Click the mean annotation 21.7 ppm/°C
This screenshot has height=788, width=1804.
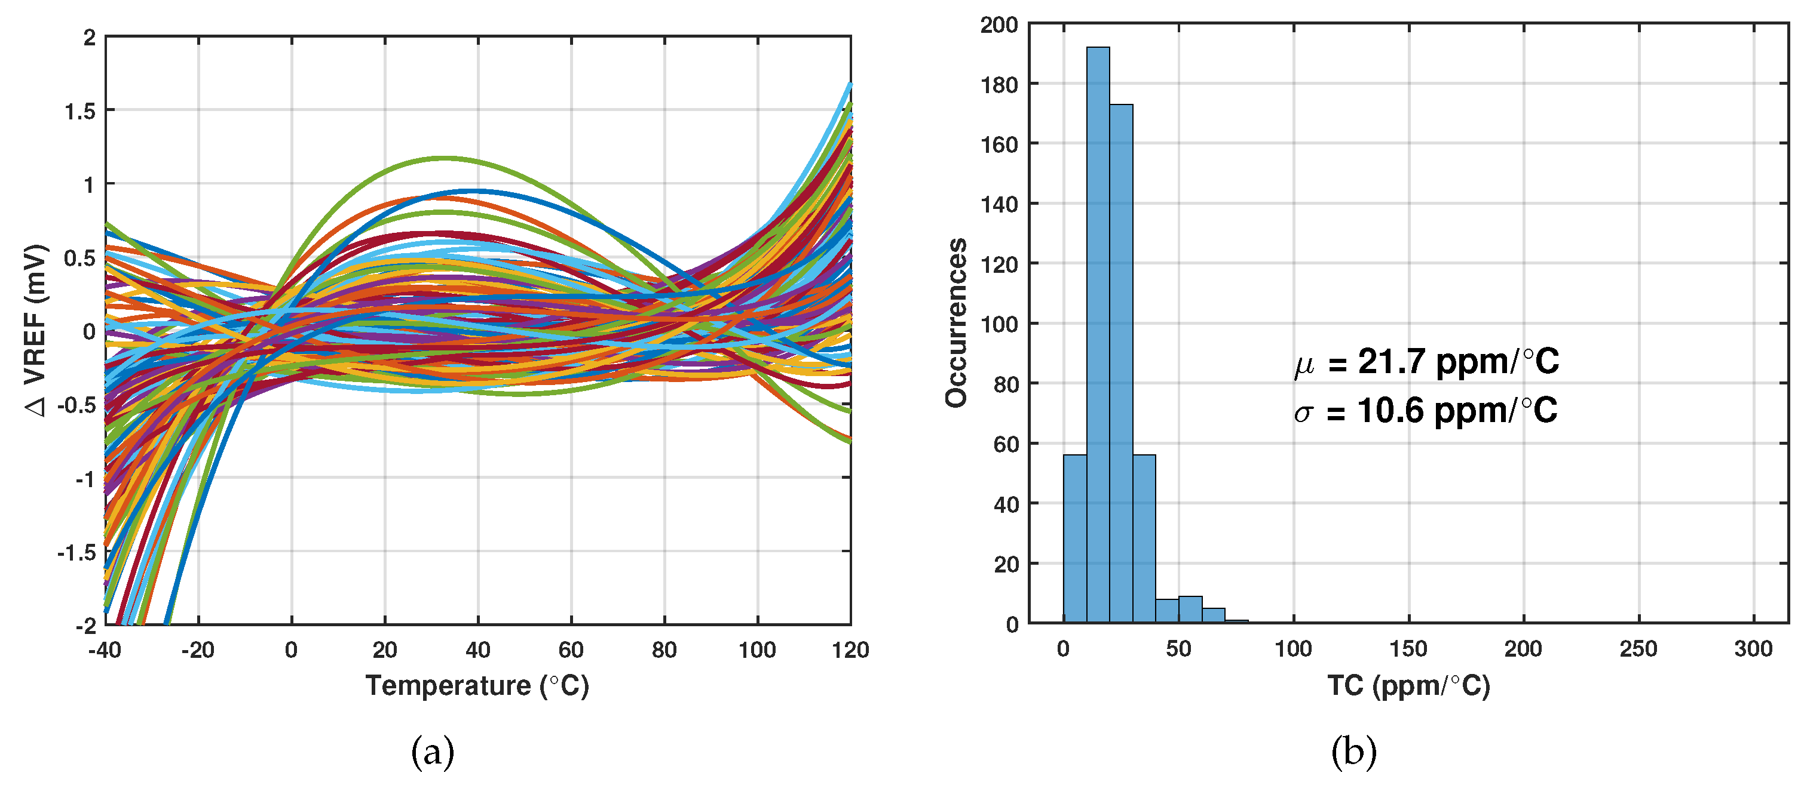(x=1426, y=362)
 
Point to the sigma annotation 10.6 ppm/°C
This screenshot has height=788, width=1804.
(x=1426, y=411)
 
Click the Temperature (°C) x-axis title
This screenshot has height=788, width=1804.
(x=477, y=685)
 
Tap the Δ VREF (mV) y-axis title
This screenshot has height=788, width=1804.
(x=35, y=330)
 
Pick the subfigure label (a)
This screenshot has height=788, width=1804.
(x=432, y=752)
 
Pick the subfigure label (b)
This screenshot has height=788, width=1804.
(x=1353, y=752)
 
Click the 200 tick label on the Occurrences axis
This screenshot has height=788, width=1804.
(x=999, y=24)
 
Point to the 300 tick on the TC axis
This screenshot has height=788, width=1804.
(x=1753, y=649)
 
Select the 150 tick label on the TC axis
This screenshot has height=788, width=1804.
(x=1408, y=649)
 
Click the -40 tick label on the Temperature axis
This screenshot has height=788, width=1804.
(x=105, y=650)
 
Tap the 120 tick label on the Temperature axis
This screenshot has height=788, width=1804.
(x=850, y=650)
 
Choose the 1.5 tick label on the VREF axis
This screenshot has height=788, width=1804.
(x=80, y=111)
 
